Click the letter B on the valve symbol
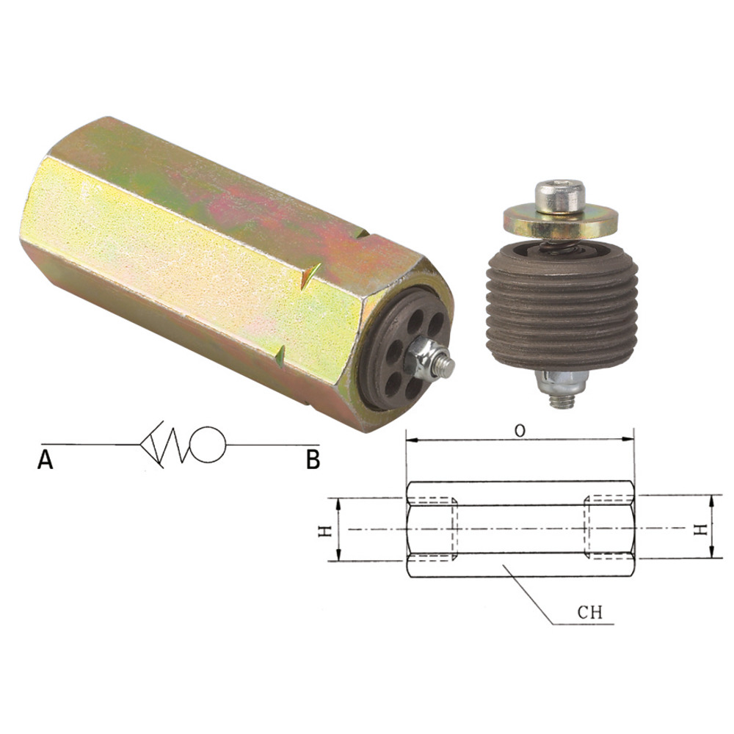tap(313, 460)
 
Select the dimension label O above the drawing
tap(520, 431)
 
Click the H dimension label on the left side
tap(324, 529)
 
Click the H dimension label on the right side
tap(702, 528)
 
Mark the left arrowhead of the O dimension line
tap(411, 440)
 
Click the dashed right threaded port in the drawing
tap(607, 529)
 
